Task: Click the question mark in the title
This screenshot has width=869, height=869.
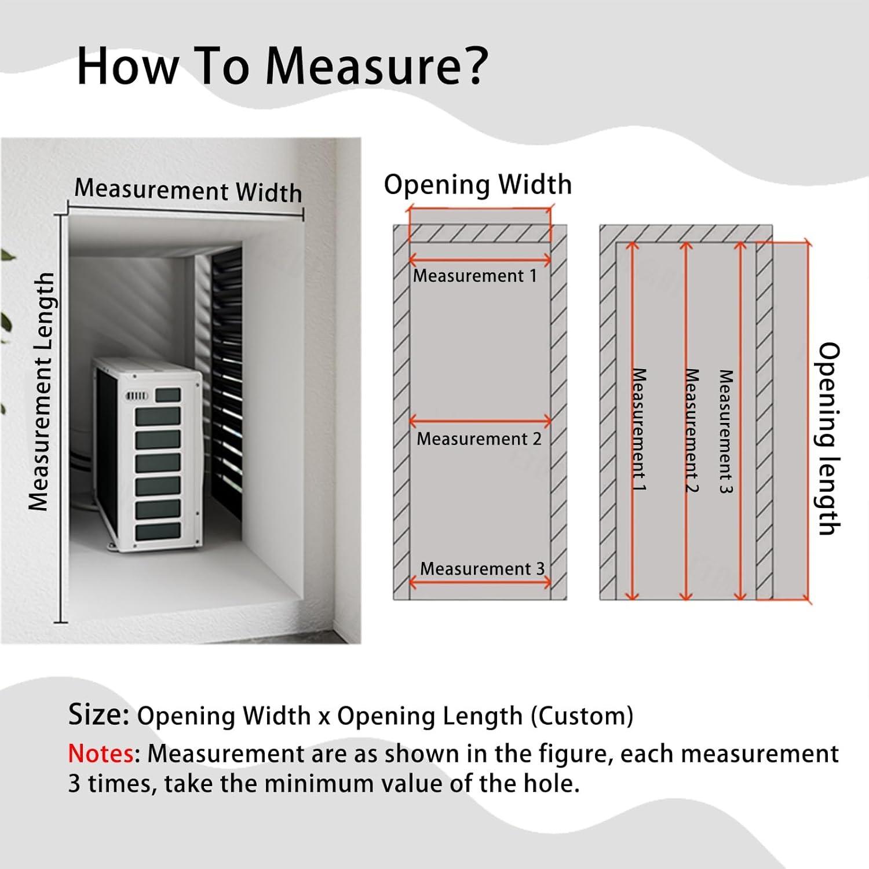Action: pos(470,65)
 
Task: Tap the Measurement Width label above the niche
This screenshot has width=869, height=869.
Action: pos(188,191)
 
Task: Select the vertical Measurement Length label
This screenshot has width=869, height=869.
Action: pos(41,392)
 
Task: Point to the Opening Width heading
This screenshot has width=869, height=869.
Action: pos(477,185)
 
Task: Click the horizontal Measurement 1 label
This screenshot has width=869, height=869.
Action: pos(474,276)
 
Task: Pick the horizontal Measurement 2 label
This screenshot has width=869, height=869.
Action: pos(479,439)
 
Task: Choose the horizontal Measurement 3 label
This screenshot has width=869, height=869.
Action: pos(482,569)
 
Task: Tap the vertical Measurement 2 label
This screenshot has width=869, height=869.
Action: pos(692,430)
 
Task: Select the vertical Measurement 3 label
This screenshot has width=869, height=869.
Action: pos(725,432)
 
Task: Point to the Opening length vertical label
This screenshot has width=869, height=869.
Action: pos(828,439)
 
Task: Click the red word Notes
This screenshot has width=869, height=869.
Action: pos(101,754)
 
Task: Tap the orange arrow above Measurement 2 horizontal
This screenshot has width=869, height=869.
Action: pos(480,422)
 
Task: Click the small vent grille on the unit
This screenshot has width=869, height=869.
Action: pos(137,396)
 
